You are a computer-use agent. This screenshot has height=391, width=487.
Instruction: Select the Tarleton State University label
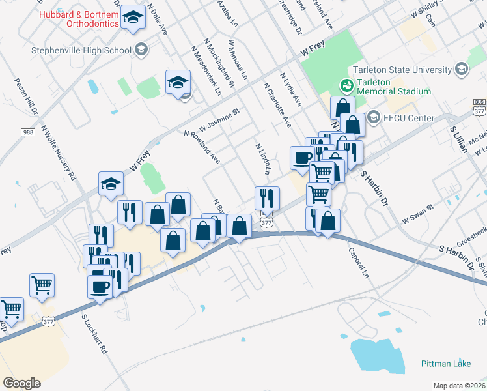pyautogui.click(x=402, y=70)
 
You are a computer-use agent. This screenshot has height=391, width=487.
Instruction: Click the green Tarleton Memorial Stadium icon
pyautogui.click(x=346, y=85)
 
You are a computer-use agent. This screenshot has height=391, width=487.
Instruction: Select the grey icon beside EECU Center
pyautogui.click(x=374, y=117)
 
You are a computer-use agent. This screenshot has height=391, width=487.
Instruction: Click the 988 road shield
pyautogui.click(x=28, y=132)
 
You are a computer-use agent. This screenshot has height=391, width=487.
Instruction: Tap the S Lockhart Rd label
pyautogui.click(x=95, y=334)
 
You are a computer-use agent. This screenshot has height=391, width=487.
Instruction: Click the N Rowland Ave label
pyautogui.click(x=202, y=147)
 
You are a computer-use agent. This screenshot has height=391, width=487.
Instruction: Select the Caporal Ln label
pyautogui.click(x=358, y=262)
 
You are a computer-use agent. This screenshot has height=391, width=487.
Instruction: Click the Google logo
pyautogui.click(x=21, y=383)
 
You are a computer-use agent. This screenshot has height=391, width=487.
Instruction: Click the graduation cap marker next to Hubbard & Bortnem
pyautogui.click(x=133, y=20)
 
